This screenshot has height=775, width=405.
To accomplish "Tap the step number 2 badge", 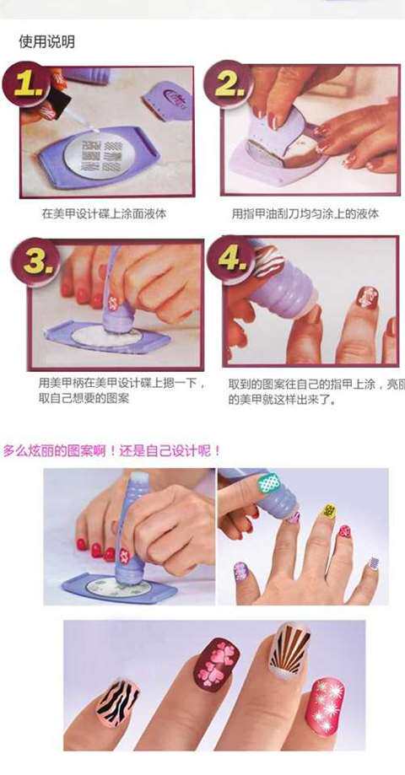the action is point(229,83).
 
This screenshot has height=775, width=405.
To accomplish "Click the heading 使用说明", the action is point(47,41).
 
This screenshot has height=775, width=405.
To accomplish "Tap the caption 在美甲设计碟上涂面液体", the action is point(104,213).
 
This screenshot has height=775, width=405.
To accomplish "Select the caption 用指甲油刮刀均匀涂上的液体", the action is point(305,213).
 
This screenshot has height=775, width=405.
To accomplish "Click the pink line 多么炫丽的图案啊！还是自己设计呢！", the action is point(111,450).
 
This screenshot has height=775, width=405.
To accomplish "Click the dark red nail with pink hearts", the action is point(218,664).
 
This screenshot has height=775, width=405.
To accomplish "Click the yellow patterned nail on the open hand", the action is point(328,511).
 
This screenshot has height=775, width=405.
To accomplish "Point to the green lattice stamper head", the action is point(269,483).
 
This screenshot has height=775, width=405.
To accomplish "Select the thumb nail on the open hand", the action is point(241,571).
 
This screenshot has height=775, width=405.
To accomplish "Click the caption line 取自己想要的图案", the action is point(84,398).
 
